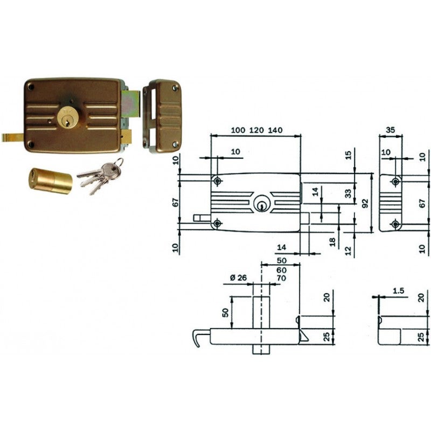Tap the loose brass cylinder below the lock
[50, 182]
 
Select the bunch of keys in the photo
[101, 175]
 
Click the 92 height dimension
[365, 203]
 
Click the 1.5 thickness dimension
[398, 291]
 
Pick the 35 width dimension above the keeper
[391, 130]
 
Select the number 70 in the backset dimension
[281, 278]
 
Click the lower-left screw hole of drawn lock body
[217, 223]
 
